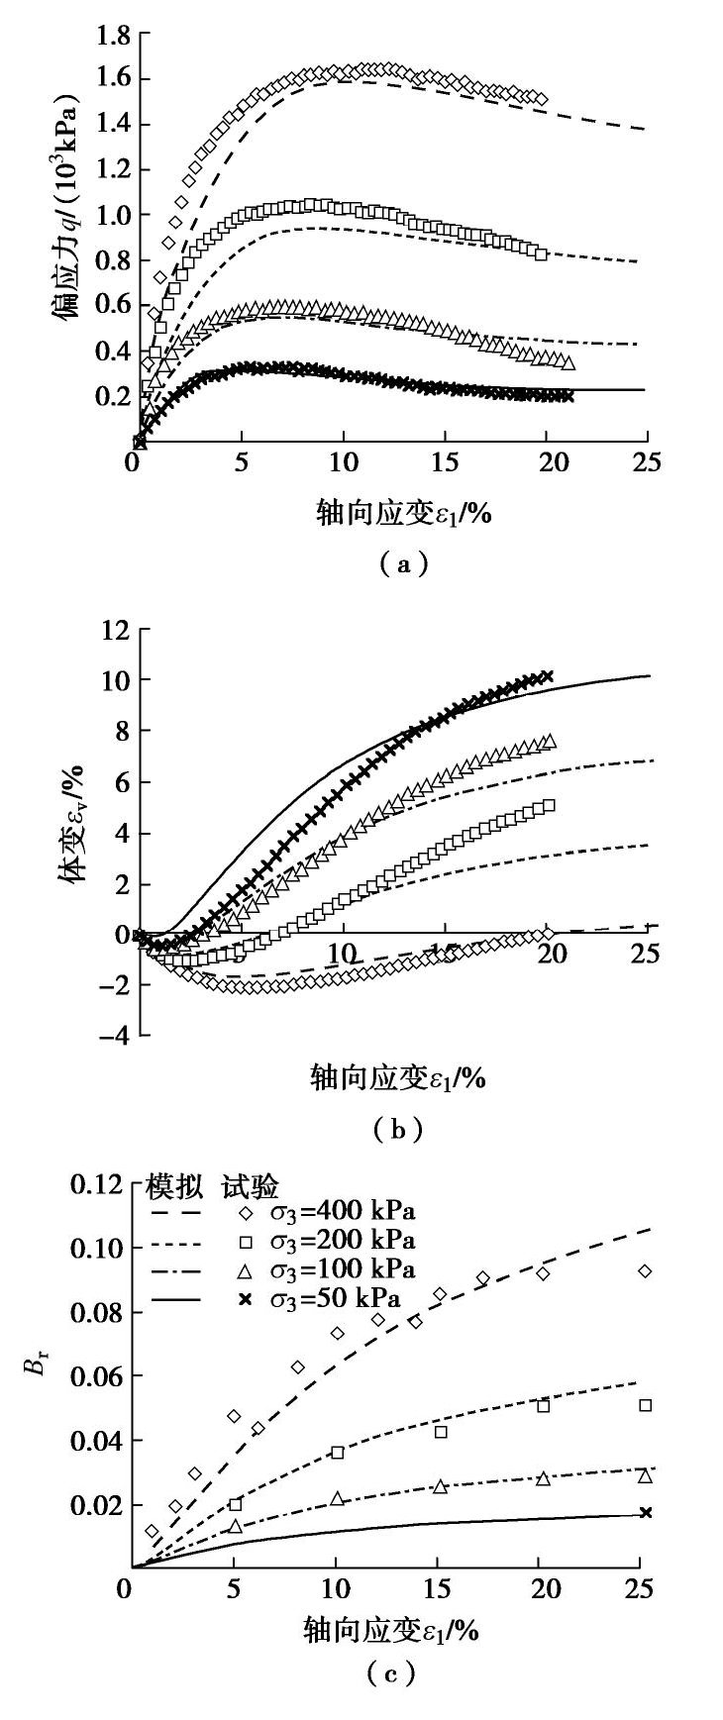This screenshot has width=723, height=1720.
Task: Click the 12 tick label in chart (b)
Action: (x=117, y=629)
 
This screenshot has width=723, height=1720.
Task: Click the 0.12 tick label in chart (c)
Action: (x=99, y=1185)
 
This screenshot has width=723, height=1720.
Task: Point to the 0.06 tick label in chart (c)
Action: (x=99, y=1377)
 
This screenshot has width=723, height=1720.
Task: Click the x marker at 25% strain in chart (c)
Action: (x=646, y=1512)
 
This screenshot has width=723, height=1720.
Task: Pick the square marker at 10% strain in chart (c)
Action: (x=338, y=1453)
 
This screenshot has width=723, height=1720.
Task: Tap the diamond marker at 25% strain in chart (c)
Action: (x=646, y=1270)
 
